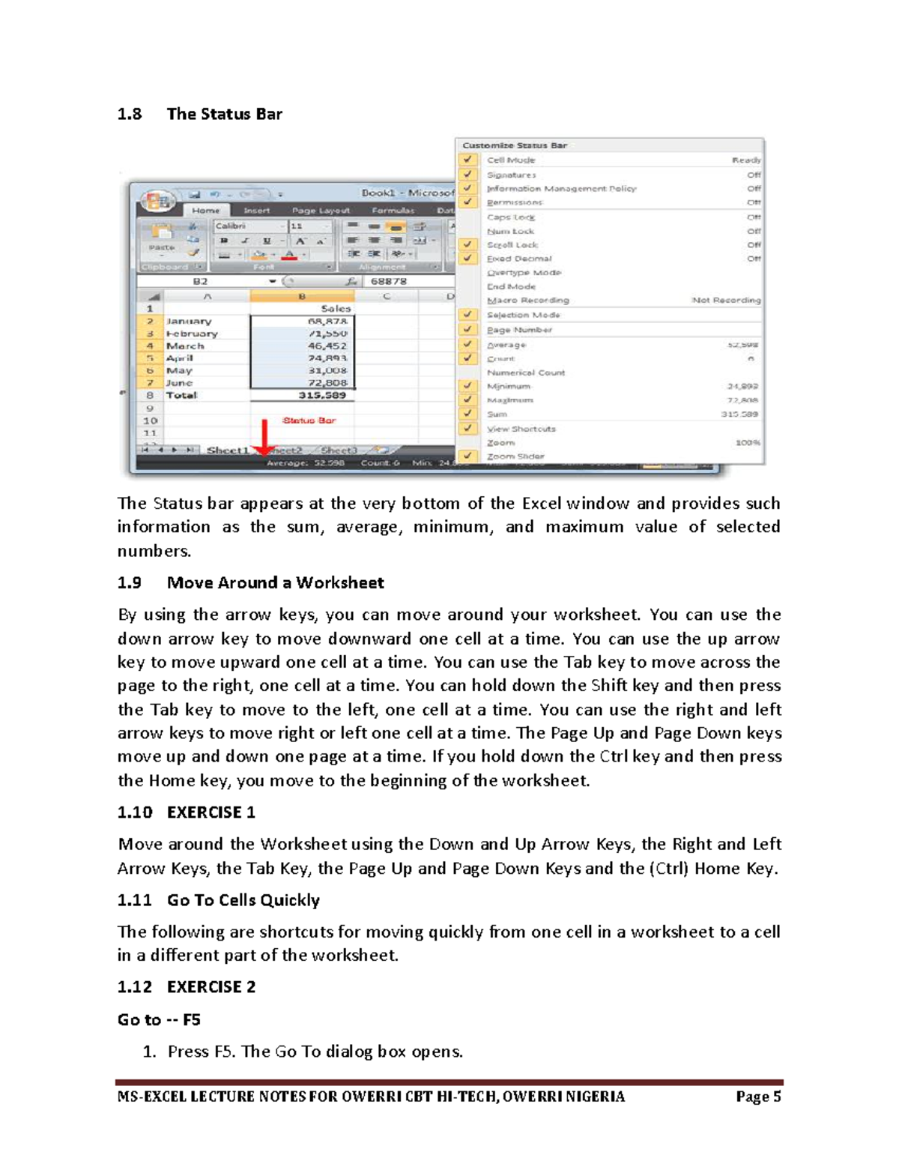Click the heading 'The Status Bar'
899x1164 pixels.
click(224, 114)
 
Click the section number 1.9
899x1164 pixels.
click(129, 583)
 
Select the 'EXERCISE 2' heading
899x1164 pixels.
click(211, 987)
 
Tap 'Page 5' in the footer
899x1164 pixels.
click(758, 1097)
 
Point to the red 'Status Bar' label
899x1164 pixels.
click(309, 420)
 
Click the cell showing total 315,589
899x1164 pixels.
click(323, 395)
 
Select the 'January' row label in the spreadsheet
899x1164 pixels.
click(189, 321)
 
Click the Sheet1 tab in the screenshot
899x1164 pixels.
click(227, 450)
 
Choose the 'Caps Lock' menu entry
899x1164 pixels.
click(511, 217)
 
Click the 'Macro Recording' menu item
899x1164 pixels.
click(527, 300)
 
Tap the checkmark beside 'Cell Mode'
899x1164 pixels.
click(468, 160)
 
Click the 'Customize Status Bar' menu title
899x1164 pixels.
click(515, 145)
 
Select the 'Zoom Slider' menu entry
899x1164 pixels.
click(515, 456)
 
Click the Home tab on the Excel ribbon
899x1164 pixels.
click(205, 211)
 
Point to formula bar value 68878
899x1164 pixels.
click(389, 281)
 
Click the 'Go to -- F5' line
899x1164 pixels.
click(159, 1020)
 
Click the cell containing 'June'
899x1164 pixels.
click(179, 383)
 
